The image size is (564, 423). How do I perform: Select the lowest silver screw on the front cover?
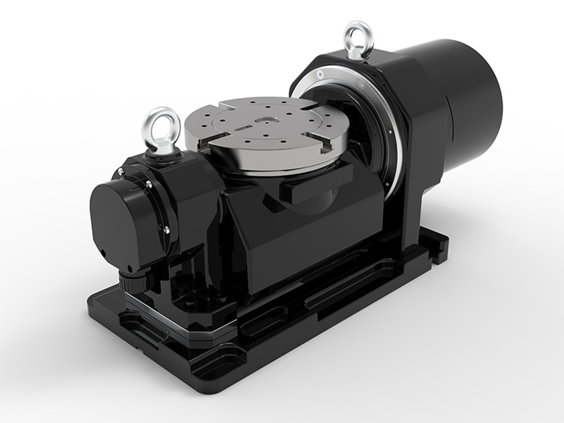(167, 230)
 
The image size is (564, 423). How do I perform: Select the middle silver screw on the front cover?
(149, 184)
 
